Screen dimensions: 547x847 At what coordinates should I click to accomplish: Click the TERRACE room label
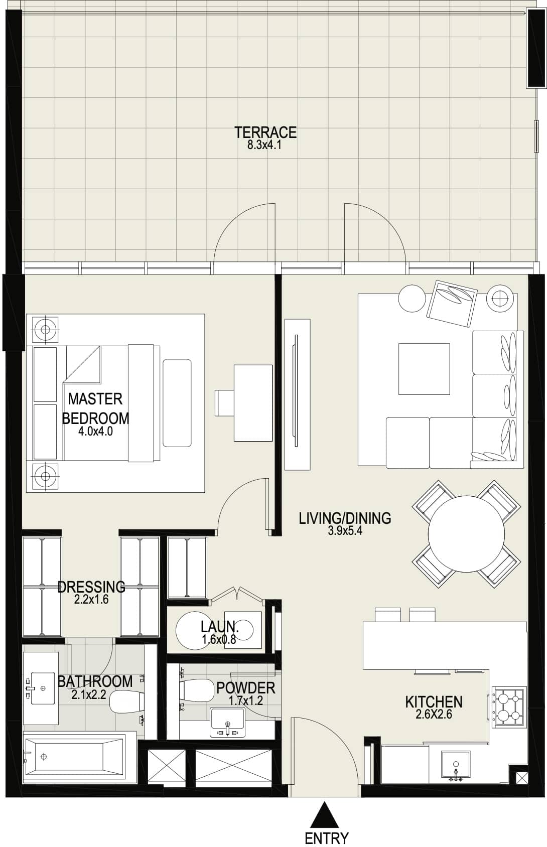pos(265,132)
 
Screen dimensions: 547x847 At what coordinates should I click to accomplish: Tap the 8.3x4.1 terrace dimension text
pos(264,146)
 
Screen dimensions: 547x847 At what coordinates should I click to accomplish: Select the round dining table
pos(466,533)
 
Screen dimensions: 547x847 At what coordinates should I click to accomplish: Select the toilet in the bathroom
pos(126,702)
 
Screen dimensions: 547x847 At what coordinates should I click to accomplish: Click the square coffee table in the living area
pos(424,369)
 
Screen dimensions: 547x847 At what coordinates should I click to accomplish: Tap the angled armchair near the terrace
pos(452,303)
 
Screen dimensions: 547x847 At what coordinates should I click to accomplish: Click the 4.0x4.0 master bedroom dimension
pos(95,431)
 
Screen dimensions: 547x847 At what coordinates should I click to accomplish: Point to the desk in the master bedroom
pos(253,403)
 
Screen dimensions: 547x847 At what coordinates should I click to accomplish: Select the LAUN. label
pos(220,627)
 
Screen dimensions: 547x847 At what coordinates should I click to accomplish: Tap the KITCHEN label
pos(434,702)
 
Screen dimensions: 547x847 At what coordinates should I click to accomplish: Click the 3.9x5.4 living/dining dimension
pos(345,530)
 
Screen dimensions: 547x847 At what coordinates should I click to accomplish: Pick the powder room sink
pos(227,723)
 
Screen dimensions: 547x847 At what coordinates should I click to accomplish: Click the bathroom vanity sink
pos(42,688)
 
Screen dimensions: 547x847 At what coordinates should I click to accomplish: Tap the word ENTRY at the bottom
pos(326,838)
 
